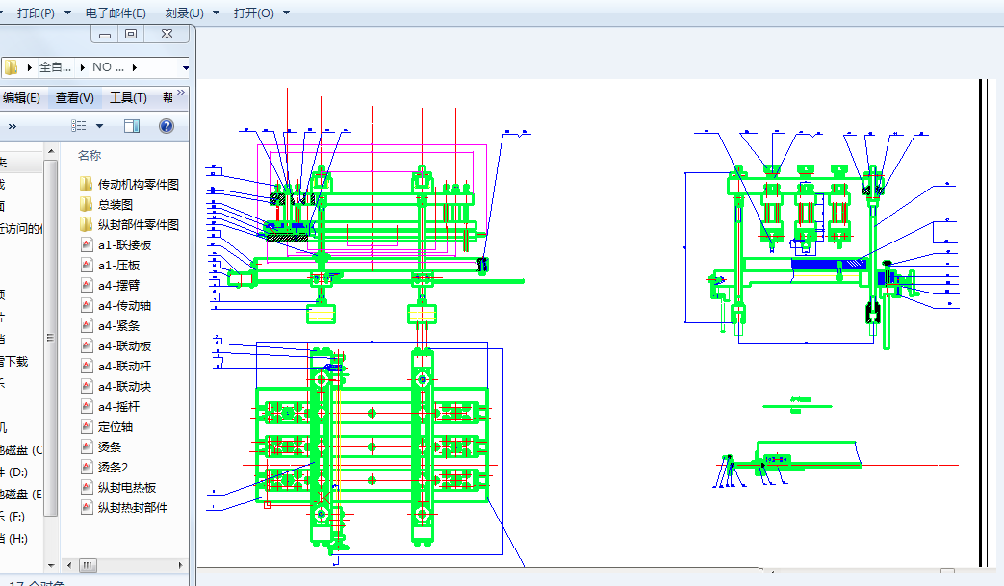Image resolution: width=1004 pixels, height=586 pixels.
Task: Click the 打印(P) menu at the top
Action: [43, 13]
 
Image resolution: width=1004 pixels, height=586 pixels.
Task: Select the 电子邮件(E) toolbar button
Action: [116, 13]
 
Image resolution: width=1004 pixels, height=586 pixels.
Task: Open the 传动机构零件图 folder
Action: [138, 184]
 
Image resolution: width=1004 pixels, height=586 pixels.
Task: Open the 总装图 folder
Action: [115, 204]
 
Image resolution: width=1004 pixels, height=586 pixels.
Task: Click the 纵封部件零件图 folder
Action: [138, 224]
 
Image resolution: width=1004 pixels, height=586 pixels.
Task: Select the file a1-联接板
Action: [124, 244]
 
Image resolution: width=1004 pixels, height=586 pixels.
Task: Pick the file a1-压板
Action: [118, 265]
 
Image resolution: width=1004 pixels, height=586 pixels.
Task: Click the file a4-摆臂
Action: [118, 285]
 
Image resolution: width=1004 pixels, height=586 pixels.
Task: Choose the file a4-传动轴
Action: [124, 305]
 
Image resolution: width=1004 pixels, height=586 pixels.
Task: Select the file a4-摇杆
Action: [118, 406]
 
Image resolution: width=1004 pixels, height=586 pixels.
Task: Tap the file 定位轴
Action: [115, 426]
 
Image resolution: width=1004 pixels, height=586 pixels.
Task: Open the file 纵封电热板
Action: [126, 487]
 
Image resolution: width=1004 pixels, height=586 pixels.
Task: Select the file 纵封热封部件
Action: [132, 507]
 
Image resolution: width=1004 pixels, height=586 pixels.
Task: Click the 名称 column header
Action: [90, 155]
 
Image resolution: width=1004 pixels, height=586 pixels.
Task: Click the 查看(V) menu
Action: [74, 97]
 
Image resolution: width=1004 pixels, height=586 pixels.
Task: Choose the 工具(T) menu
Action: [128, 97]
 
